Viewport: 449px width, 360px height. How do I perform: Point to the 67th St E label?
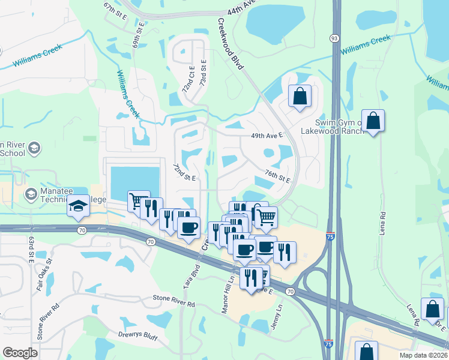(115, 11)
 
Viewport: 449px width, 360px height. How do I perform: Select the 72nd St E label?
(184, 172)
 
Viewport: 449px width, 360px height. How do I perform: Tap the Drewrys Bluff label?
(137, 336)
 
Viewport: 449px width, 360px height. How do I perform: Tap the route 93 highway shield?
(334, 38)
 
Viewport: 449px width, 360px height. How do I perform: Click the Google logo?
(20, 353)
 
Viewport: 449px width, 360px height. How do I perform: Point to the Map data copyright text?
(423, 355)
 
